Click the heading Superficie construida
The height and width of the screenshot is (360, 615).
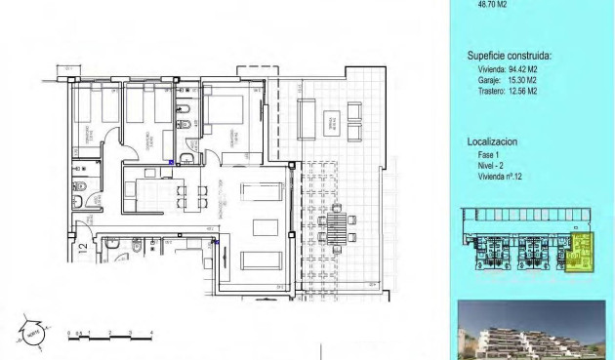point(509,56)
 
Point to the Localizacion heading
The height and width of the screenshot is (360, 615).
point(493,141)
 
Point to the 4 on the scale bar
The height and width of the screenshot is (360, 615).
point(153,333)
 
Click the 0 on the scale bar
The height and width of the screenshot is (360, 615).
point(68,333)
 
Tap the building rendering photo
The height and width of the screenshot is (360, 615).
point(531,331)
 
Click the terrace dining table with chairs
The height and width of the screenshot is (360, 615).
point(336,230)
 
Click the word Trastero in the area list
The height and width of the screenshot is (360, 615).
point(482,91)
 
